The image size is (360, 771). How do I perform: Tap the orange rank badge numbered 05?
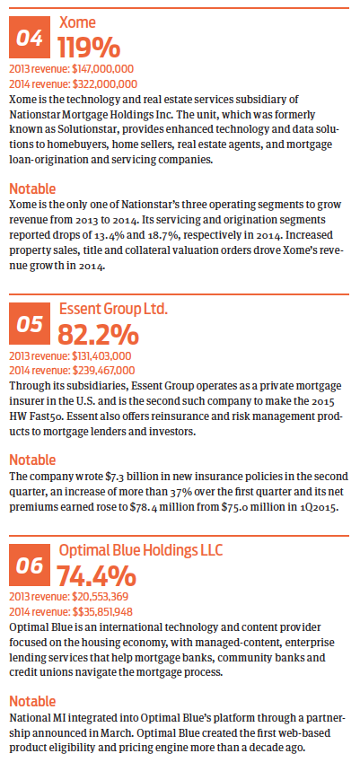pos(30,323)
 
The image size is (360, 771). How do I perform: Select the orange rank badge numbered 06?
pos(30,565)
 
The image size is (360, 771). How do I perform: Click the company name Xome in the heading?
pos(78,22)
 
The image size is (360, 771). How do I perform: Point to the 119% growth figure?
pos(89,48)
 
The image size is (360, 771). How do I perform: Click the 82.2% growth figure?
pos(99,335)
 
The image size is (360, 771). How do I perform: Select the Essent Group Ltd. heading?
pos(114,310)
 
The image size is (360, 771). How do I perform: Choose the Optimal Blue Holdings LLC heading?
pos(141,550)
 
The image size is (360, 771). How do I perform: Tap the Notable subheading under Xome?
pos(32,188)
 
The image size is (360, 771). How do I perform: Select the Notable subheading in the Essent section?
pos(32,460)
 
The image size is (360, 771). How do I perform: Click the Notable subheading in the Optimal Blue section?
pos(32,701)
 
